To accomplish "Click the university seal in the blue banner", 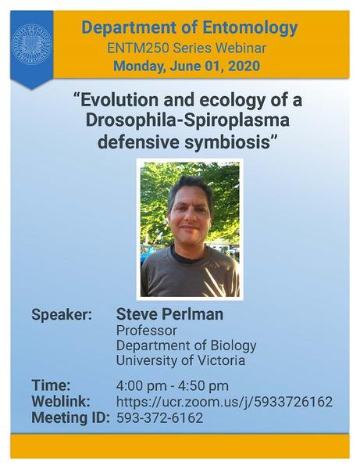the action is [x=31, y=45].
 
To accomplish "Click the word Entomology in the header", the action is [x=250, y=28].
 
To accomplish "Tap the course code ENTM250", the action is [x=138, y=48].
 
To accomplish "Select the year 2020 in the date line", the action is [x=244, y=66].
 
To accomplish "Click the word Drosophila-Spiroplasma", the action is [x=187, y=121].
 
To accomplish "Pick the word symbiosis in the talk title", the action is [x=226, y=142].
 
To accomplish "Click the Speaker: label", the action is [x=62, y=315].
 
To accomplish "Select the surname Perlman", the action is [x=192, y=314].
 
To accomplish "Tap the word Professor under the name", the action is [x=146, y=331].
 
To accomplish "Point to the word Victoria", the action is [x=221, y=360].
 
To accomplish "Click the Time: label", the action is [x=51, y=385].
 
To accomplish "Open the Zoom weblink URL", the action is [x=224, y=402].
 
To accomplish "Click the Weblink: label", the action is [x=61, y=402].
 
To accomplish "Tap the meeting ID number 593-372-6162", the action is [x=160, y=418].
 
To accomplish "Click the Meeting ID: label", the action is [x=70, y=418].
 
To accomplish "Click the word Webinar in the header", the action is [x=241, y=48].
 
